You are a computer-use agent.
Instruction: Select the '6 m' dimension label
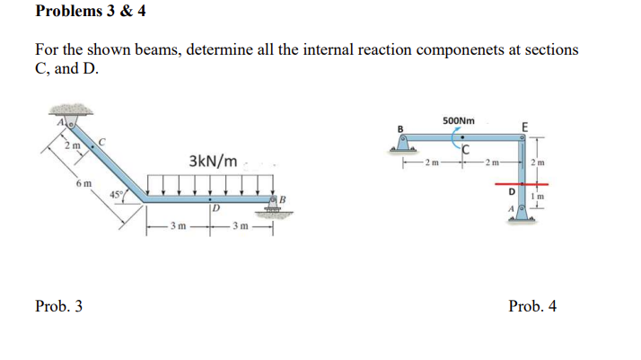[x=83, y=184]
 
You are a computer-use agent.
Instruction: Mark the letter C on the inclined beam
[x=102, y=140]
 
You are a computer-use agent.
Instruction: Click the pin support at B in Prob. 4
[x=404, y=144]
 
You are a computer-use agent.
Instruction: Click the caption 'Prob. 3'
[x=59, y=306]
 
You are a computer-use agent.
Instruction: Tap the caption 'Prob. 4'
[x=532, y=306]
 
